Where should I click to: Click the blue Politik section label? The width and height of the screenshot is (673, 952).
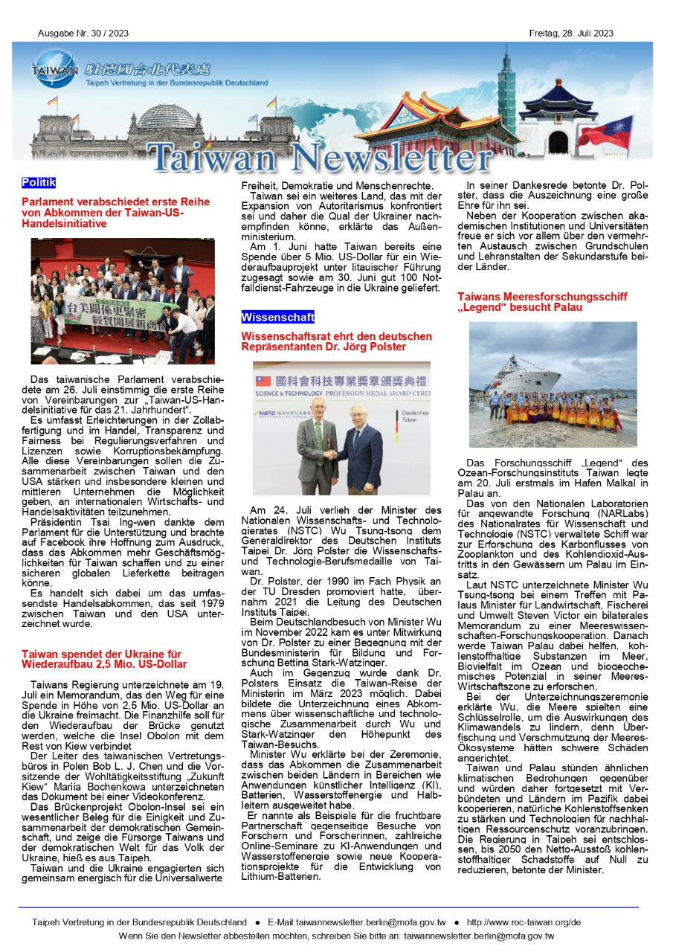(x=39, y=182)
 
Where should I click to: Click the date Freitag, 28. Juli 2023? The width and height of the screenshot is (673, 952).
(x=571, y=33)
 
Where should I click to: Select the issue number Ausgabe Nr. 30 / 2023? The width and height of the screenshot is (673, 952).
(x=83, y=33)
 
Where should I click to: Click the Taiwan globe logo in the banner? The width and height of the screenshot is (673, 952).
(x=54, y=68)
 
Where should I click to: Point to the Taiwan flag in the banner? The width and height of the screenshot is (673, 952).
(x=606, y=132)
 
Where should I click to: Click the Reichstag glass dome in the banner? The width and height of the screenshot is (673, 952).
(x=167, y=117)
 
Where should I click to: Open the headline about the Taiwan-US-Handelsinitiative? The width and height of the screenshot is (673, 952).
(x=115, y=212)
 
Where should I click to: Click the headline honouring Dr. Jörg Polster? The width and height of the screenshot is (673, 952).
(x=336, y=341)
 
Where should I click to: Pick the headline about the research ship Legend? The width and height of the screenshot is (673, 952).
(x=542, y=301)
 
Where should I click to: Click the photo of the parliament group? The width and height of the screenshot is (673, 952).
(x=123, y=301)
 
